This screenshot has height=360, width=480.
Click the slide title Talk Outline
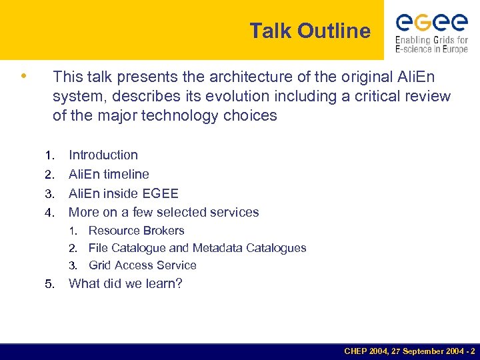[310, 31]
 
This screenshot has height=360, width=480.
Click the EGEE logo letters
[431, 23]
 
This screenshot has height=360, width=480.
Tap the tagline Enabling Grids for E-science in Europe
[431, 44]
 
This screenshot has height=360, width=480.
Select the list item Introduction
[103, 155]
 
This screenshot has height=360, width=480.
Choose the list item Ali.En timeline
[109, 174]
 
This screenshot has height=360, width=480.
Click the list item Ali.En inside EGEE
[123, 193]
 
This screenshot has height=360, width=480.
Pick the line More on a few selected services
[163, 213]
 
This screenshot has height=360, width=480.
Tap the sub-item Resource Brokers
[136, 231]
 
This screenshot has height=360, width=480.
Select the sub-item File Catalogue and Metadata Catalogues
[197, 248]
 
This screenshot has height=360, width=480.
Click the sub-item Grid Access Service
[142, 265]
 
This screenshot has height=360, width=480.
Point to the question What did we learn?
[125, 283]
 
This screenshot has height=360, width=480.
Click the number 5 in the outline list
[49, 284]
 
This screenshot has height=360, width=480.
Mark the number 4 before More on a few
[49, 213]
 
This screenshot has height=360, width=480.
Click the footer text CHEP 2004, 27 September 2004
[409, 351]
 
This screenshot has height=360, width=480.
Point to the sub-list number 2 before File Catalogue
[75, 249]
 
